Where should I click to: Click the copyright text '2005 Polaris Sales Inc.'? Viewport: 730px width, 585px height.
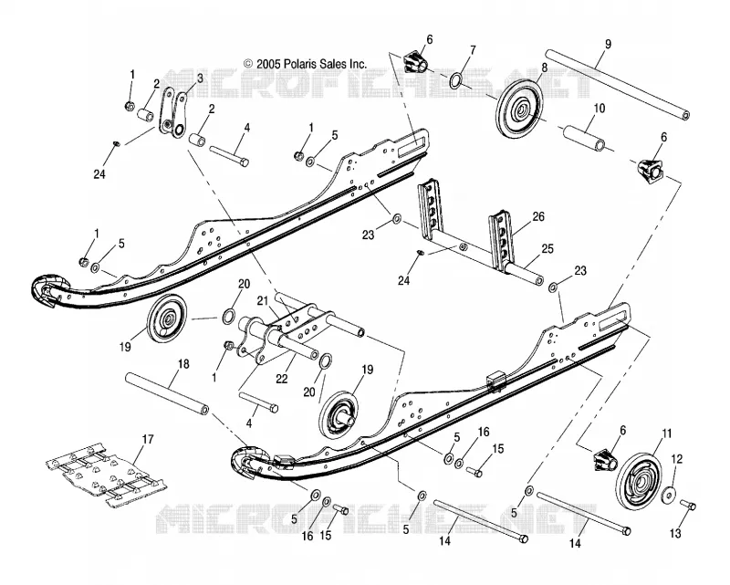point(311,64)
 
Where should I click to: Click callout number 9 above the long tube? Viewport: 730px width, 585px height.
point(608,44)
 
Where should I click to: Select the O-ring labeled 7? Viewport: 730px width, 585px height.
point(456,80)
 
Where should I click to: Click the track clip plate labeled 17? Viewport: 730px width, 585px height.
point(107,475)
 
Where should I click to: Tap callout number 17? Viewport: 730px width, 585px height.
point(148,439)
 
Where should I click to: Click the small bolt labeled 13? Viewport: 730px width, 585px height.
point(688,505)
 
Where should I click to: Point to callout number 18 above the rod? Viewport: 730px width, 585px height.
point(184,364)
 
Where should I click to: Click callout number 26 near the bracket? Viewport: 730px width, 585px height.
point(538,216)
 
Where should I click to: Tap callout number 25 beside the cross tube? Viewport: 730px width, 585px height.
point(547,249)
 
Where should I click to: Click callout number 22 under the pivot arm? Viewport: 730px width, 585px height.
point(282,379)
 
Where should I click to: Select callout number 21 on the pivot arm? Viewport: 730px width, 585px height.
point(263,301)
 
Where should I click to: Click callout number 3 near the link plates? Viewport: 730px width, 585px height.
point(200,78)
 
